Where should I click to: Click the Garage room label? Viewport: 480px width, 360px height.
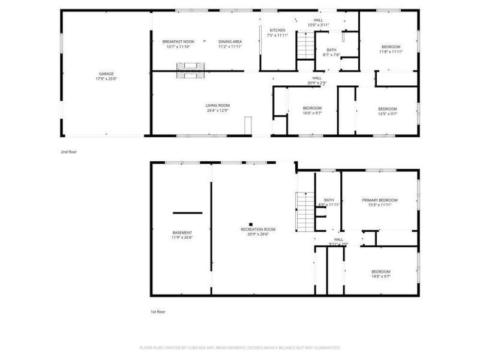tap(106, 74)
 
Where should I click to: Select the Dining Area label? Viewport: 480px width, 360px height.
tap(229, 41)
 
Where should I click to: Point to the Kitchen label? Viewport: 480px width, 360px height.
tap(277, 30)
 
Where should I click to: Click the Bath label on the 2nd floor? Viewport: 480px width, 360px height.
tap(331, 50)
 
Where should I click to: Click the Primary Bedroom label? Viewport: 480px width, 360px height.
tap(379, 200)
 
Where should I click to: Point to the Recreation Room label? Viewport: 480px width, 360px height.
tap(258, 229)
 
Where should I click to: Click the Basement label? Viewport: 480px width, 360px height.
tap(182, 233)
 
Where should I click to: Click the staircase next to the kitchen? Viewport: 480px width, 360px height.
tap(306, 46)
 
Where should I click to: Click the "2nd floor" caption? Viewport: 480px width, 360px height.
tap(68, 152)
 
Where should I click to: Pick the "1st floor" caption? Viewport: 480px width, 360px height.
tap(157, 312)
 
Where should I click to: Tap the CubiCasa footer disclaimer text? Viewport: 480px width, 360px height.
tap(240, 347)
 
